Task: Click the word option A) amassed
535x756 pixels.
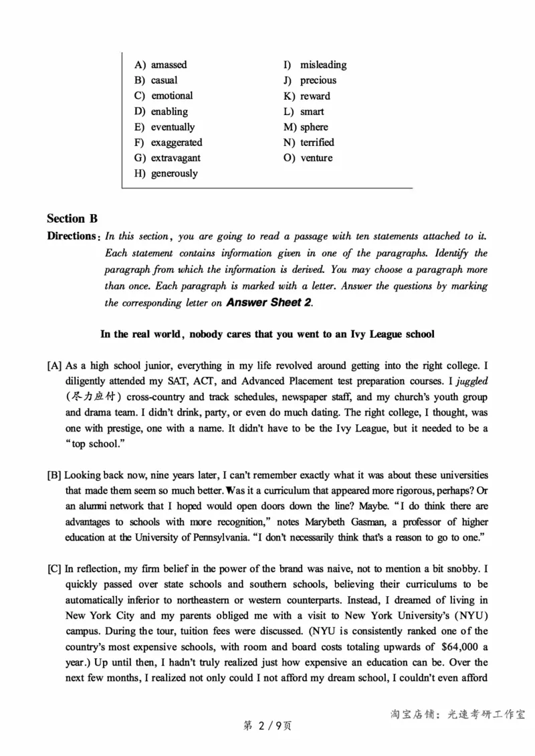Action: [x=160, y=65]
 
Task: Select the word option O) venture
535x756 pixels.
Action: [x=308, y=158]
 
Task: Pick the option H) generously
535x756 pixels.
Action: [x=166, y=173]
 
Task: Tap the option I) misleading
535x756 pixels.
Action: [x=315, y=65]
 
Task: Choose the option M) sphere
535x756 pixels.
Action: [x=306, y=126]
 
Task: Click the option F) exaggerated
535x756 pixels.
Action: [x=168, y=142]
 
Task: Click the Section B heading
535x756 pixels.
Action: [x=72, y=218]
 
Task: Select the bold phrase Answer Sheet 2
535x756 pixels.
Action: [x=269, y=302]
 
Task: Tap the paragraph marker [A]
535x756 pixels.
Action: [x=54, y=365]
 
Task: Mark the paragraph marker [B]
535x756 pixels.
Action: [x=54, y=475]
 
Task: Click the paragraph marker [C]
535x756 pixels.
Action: [x=54, y=569]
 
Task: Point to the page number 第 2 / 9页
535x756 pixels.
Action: [x=267, y=726]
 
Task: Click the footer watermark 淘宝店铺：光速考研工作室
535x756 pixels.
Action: [x=457, y=714]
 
